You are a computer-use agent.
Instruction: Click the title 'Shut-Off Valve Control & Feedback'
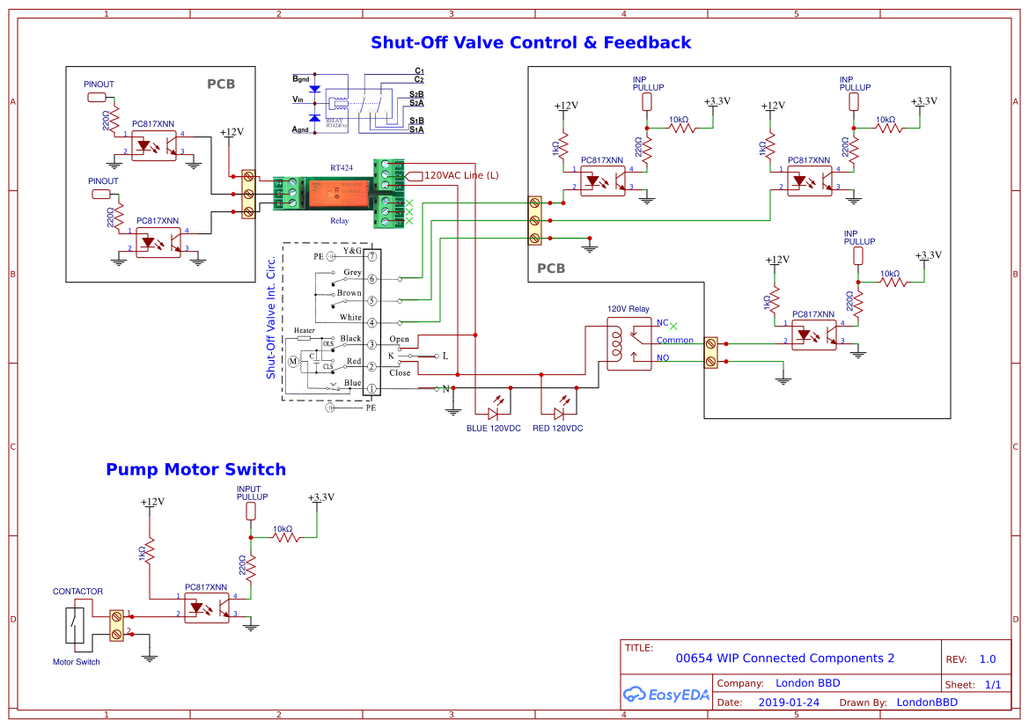(531, 42)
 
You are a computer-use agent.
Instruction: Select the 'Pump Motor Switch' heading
(195, 469)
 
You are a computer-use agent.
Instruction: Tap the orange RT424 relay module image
(339, 192)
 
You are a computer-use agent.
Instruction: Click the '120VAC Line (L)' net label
(461, 175)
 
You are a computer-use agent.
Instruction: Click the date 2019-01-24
(789, 702)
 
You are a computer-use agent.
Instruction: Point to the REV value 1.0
(987, 659)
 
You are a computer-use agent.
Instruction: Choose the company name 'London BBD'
(807, 683)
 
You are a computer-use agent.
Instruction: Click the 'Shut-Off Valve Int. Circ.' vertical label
(271, 317)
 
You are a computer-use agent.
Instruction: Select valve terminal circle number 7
(372, 256)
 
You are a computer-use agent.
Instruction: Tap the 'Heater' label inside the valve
(304, 330)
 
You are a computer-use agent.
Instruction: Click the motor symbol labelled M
(293, 360)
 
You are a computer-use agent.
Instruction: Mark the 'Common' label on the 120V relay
(674, 341)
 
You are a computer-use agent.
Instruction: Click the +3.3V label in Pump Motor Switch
(320, 497)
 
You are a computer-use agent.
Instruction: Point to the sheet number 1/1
(992, 685)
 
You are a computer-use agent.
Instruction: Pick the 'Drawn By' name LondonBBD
(926, 702)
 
